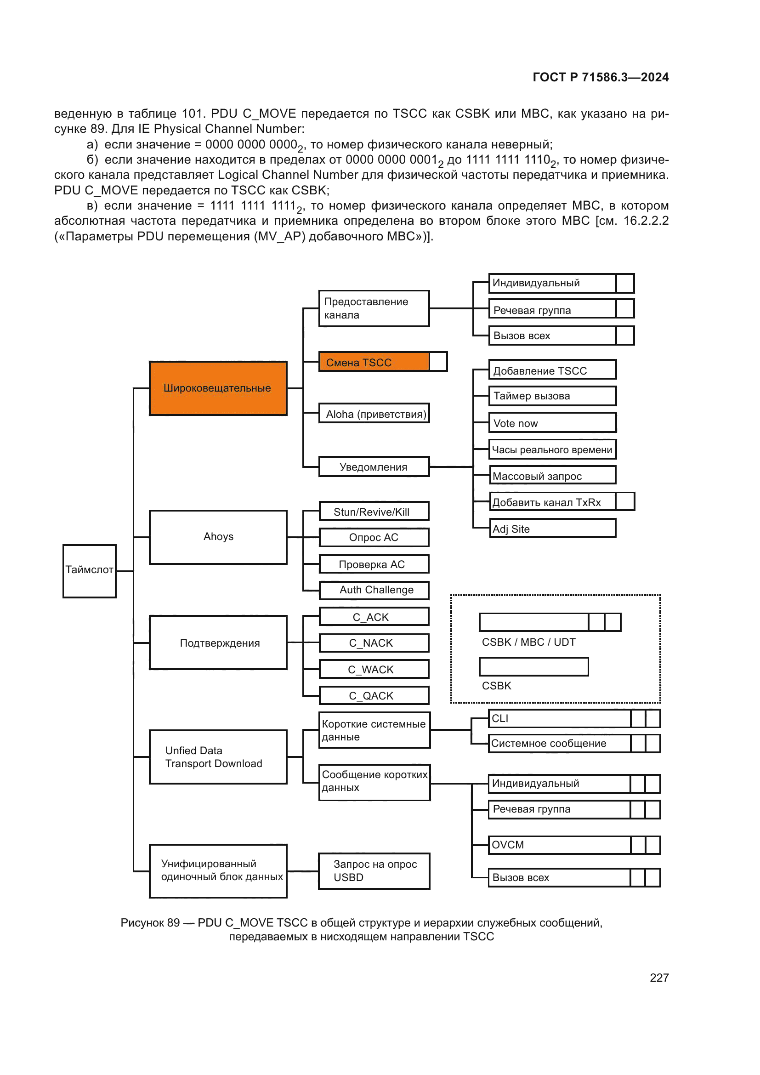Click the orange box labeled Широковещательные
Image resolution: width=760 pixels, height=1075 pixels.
(x=218, y=388)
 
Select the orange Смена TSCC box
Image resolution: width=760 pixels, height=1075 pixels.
(x=374, y=362)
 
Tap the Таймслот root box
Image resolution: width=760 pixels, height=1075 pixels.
(x=90, y=571)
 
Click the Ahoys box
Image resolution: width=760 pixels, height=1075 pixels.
(x=218, y=537)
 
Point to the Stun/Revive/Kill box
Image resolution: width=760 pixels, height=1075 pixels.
(x=374, y=511)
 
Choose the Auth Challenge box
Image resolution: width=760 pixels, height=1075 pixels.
(x=374, y=590)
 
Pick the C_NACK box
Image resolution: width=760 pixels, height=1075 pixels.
(x=374, y=643)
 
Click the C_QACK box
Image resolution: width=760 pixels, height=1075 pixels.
(x=374, y=696)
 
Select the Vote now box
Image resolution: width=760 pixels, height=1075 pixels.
(x=552, y=423)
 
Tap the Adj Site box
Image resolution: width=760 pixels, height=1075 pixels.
(x=552, y=529)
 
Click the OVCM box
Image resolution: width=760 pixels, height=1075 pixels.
(x=560, y=845)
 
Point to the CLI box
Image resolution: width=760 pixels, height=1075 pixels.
(x=560, y=719)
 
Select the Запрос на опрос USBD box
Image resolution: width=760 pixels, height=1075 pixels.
(x=374, y=871)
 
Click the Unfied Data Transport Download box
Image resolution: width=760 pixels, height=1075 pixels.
(x=218, y=757)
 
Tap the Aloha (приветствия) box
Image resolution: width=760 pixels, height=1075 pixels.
(x=374, y=414)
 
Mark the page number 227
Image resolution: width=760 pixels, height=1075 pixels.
(x=659, y=978)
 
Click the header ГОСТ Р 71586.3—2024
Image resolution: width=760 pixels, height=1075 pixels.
(x=601, y=77)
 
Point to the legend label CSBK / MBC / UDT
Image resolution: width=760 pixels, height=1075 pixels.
(x=528, y=642)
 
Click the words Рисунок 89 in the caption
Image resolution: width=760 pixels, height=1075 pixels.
(x=150, y=923)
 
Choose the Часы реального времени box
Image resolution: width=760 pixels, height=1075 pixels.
(x=552, y=449)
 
